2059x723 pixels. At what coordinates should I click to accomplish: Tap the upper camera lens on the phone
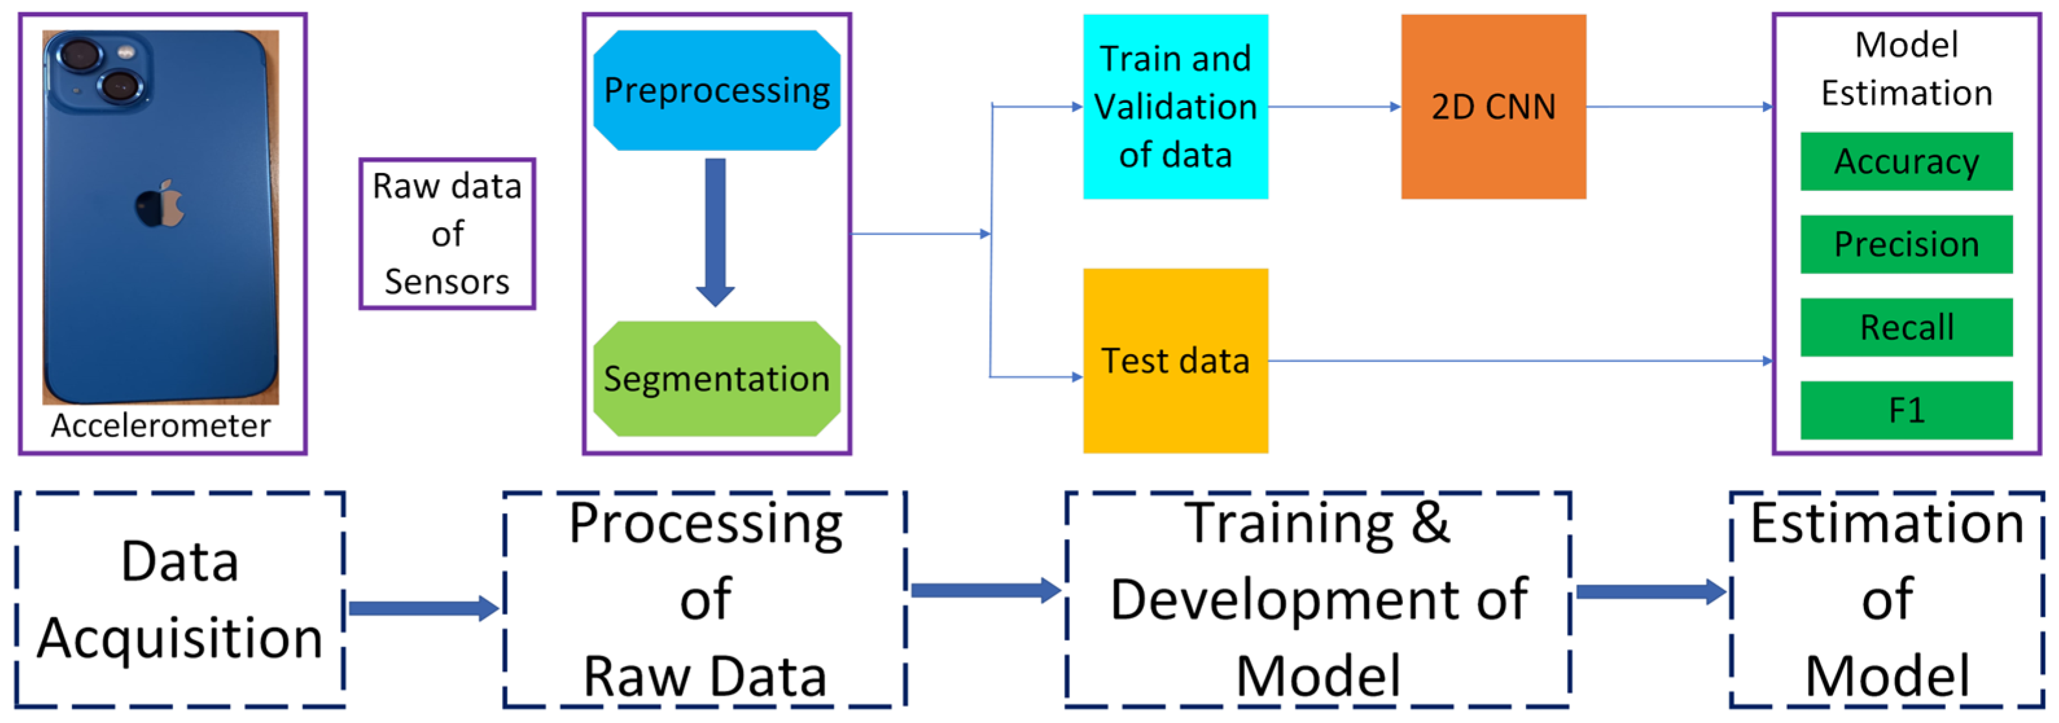(79, 57)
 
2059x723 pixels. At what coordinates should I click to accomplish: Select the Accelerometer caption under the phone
(161, 426)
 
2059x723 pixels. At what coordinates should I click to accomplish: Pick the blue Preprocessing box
(716, 90)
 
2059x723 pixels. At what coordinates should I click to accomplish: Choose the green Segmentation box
(716, 379)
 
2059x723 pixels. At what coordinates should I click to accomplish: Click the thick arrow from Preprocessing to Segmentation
(716, 232)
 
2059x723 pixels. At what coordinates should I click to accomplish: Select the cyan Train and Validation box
(1175, 106)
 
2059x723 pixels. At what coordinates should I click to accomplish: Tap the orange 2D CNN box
(1493, 106)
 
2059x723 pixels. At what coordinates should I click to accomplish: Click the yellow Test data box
(1175, 361)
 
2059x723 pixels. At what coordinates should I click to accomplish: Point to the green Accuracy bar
(1906, 161)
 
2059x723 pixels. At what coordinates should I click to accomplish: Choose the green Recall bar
(1906, 328)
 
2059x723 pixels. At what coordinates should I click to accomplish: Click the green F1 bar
(1906, 410)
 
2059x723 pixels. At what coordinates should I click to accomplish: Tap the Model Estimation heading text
(1906, 69)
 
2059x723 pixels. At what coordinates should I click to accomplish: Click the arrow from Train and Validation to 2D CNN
(1333, 106)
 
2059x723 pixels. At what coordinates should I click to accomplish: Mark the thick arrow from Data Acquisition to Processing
(424, 609)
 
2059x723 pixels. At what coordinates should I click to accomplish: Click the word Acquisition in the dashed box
(180, 638)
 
